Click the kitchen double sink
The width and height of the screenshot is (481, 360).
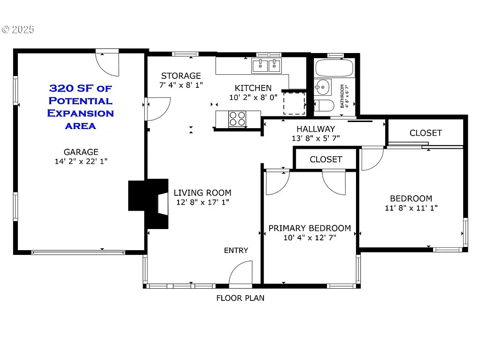(x=266, y=66)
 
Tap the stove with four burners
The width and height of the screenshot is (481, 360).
(x=238, y=119)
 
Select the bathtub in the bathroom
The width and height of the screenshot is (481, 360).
(x=334, y=69)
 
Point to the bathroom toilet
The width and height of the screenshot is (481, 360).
(x=323, y=106)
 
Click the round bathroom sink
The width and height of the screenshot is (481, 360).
(x=323, y=87)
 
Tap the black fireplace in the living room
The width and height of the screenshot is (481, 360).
(x=149, y=203)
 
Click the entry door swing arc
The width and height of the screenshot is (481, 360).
(x=241, y=273)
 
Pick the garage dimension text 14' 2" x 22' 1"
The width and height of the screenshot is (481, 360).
(x=81, y=161)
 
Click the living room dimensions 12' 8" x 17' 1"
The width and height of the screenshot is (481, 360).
(x=202, y=202)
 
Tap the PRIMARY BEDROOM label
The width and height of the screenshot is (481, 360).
(x=310, y=228)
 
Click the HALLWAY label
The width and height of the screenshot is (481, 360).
(x=316, y=129)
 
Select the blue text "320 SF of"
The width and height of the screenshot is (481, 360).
(x=81, y=88)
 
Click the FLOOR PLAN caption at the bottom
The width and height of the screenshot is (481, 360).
(x=240, y=298)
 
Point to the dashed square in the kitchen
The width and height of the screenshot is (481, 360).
(x=294, y=103)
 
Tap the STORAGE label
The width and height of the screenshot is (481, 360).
(x=181, y=76)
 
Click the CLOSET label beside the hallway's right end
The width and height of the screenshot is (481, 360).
(x=426, y=133)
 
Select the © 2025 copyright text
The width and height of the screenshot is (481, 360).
(x=18, y=30)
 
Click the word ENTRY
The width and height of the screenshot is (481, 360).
(x=236, y=250)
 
